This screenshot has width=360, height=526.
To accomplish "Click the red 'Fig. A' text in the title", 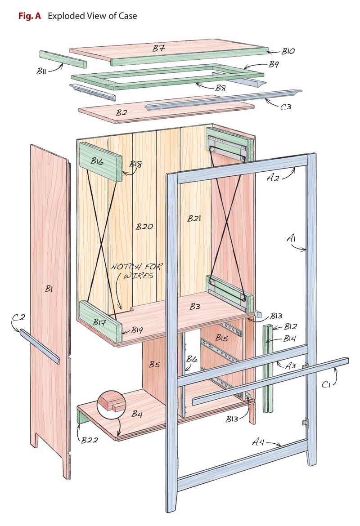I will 29,16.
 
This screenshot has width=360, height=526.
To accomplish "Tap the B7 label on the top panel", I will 158,49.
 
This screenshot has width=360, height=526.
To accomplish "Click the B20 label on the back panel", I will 145,227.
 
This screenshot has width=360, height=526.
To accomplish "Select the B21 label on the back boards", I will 194,219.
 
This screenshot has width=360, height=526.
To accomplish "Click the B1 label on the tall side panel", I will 49,290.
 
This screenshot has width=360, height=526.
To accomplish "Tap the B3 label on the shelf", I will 195,306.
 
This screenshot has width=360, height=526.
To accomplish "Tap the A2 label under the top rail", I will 274,178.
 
